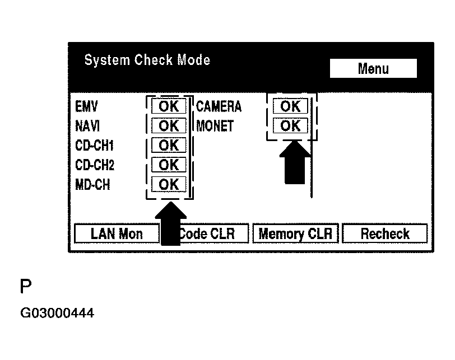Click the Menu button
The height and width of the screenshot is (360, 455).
[373, 69]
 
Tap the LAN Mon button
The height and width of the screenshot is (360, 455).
[117, 233]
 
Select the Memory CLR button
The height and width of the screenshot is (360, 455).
[295, 233]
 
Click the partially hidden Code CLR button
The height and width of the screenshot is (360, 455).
[213, 233]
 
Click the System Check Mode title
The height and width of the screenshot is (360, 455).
[147, 60]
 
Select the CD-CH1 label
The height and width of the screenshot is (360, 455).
[94, 146]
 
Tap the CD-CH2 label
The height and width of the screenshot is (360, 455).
[94, 165]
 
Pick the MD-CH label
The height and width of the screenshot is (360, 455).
[92, 184]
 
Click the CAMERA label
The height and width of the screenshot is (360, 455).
[219, 106]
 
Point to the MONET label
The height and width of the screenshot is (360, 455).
[215, 126]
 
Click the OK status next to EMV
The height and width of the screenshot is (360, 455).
[169, 106]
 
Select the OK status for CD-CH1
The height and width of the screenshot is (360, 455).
[169, 146]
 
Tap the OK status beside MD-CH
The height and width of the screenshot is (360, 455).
[169, 184]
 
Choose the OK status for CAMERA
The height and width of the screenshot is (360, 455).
[290, 106]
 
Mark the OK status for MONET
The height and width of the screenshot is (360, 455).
[290, 126]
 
